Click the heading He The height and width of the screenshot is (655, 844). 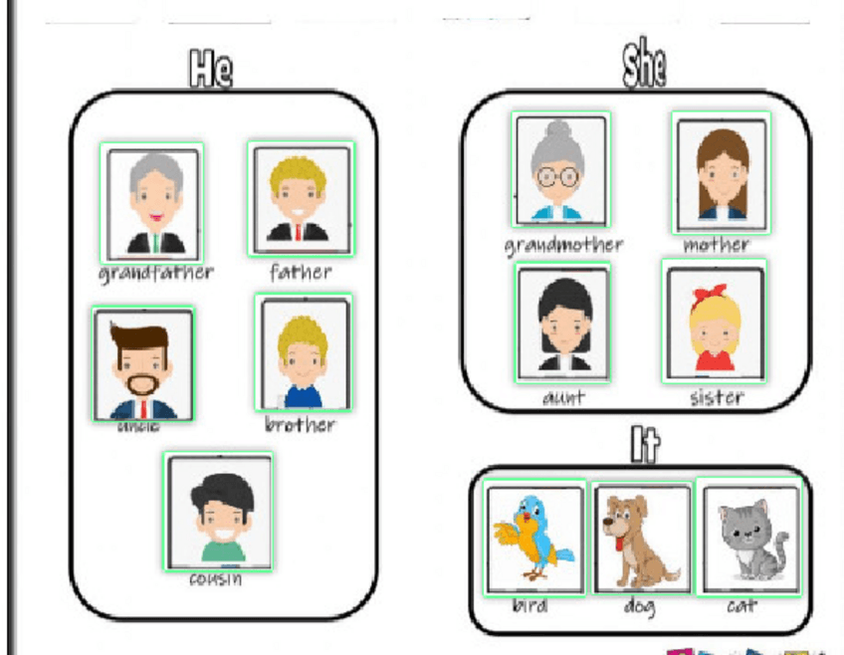(210, 70)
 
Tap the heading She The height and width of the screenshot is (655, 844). (644, 66)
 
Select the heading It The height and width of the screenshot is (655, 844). (645, 444)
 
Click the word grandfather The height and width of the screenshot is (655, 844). (156, 272)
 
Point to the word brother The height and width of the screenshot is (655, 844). (300, 425)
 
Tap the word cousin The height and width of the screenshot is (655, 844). (216, 578)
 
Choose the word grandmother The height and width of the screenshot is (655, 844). (563, 244)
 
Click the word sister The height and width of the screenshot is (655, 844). (717, 398)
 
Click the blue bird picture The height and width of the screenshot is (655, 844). (534, 537)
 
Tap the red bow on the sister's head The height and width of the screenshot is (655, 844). (715, 296)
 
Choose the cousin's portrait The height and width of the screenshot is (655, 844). (219, 512)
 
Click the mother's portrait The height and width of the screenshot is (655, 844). (722, 171)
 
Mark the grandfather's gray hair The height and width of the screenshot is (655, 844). (155, 167)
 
